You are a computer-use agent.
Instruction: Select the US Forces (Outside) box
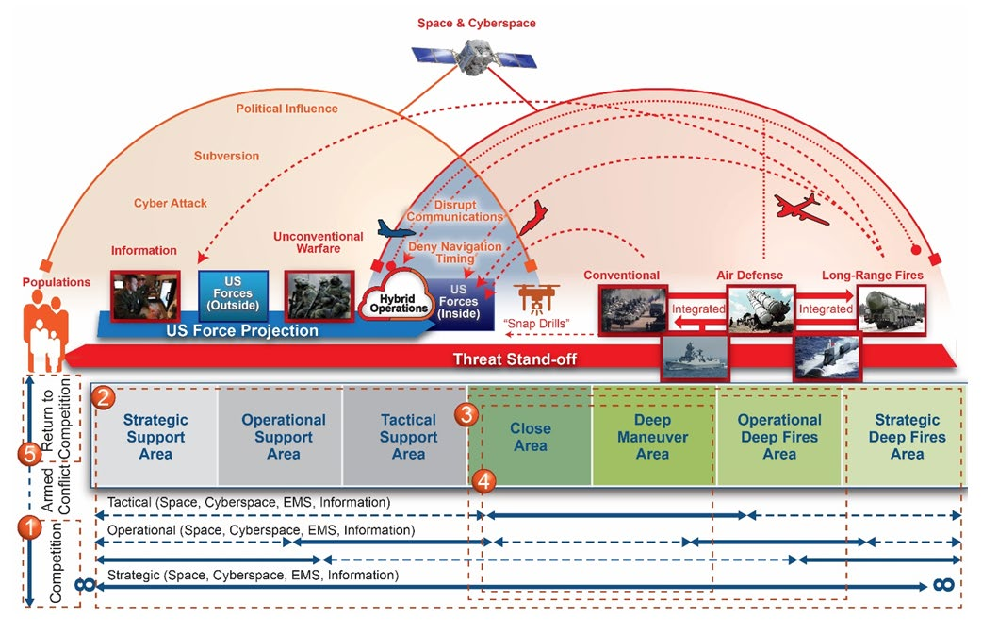[x=233, y=294]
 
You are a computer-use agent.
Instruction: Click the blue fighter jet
[x=395, y=229]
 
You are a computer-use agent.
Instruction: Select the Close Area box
[x=530, y=436]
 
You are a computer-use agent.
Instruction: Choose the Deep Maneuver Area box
[x=652, y=436]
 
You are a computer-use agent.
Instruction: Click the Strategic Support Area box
[x=155, y=436]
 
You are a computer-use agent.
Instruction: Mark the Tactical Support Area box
[x=408, y=436]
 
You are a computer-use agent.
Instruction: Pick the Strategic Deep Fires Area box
[x=906, y=436]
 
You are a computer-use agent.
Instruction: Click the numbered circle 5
[x=31, y=454]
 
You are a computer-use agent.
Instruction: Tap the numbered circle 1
[x=31, y=527]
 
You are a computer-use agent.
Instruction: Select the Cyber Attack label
[x=170, y=203]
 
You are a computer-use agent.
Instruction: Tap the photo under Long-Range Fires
[x=892, y=309]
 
